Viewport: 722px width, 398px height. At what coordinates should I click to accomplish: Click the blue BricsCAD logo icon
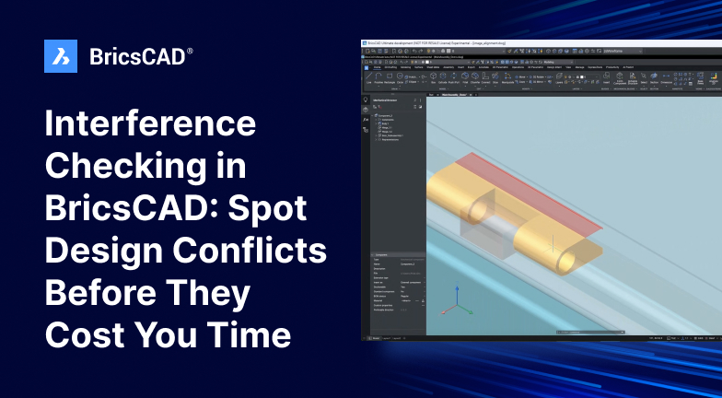click(x=61, y=56)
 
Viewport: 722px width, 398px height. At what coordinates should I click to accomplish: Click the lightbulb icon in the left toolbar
click(x=366, y=108)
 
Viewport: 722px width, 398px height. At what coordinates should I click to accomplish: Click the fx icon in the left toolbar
click(x=366, y=120)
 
